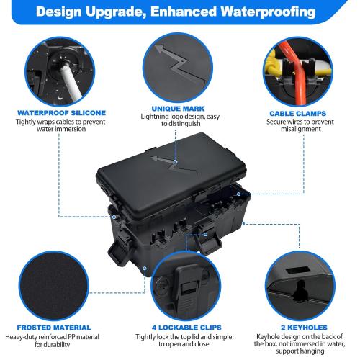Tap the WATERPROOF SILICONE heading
pyautogui.click(x=61, y=112)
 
